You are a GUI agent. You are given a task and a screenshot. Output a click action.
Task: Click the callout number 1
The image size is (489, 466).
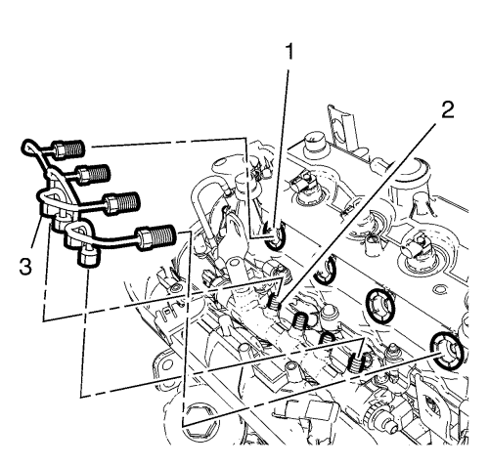[x=289, y=53]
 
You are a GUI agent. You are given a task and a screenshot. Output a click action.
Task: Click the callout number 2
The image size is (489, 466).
[x=448, y=109]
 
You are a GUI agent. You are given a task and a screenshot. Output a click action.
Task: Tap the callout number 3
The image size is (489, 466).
[x=25, y=266]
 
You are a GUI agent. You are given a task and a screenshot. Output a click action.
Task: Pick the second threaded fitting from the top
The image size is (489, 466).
[x=94, y=174]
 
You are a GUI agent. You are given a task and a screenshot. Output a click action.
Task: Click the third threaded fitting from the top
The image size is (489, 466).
[x=121, y=202]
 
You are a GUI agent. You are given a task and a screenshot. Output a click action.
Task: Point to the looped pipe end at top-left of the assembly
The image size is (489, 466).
[x=30, y=148]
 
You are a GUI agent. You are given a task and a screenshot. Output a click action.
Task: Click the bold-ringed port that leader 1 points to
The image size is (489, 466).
[x=275, y=235]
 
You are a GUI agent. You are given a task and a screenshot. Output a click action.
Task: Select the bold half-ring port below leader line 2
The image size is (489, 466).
[x=326, y=269]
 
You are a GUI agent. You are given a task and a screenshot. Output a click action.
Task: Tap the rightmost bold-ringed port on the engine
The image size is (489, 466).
[x=447, y=352]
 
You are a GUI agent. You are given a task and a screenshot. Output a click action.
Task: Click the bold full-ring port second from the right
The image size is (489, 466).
[x=379, y=306]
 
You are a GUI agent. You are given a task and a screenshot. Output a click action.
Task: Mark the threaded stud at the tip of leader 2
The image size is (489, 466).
[x=275, y=302]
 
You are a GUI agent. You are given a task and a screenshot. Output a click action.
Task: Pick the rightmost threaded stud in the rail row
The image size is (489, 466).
[x=356, y=362]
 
